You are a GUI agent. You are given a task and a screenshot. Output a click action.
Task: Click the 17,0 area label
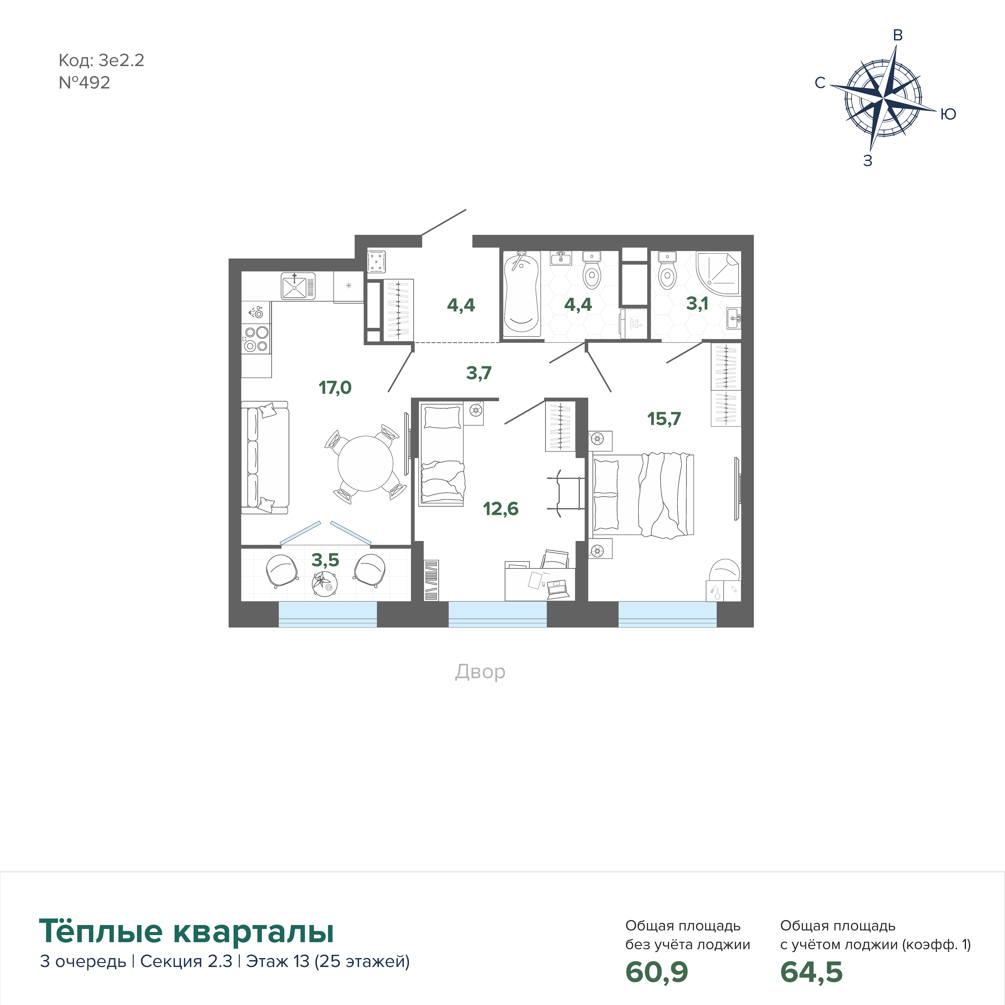pos(335,388)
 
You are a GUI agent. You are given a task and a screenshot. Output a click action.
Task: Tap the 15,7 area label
pos(664,419)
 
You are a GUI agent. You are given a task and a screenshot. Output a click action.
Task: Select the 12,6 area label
pos(500,509)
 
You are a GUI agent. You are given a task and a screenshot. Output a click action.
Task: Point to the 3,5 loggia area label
pos(325,560)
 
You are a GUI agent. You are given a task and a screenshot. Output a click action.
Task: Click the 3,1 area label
pos(697,303)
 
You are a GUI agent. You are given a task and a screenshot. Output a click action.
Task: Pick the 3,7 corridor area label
pos(479,373)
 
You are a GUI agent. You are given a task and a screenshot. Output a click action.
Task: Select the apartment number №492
pos(84,83)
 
